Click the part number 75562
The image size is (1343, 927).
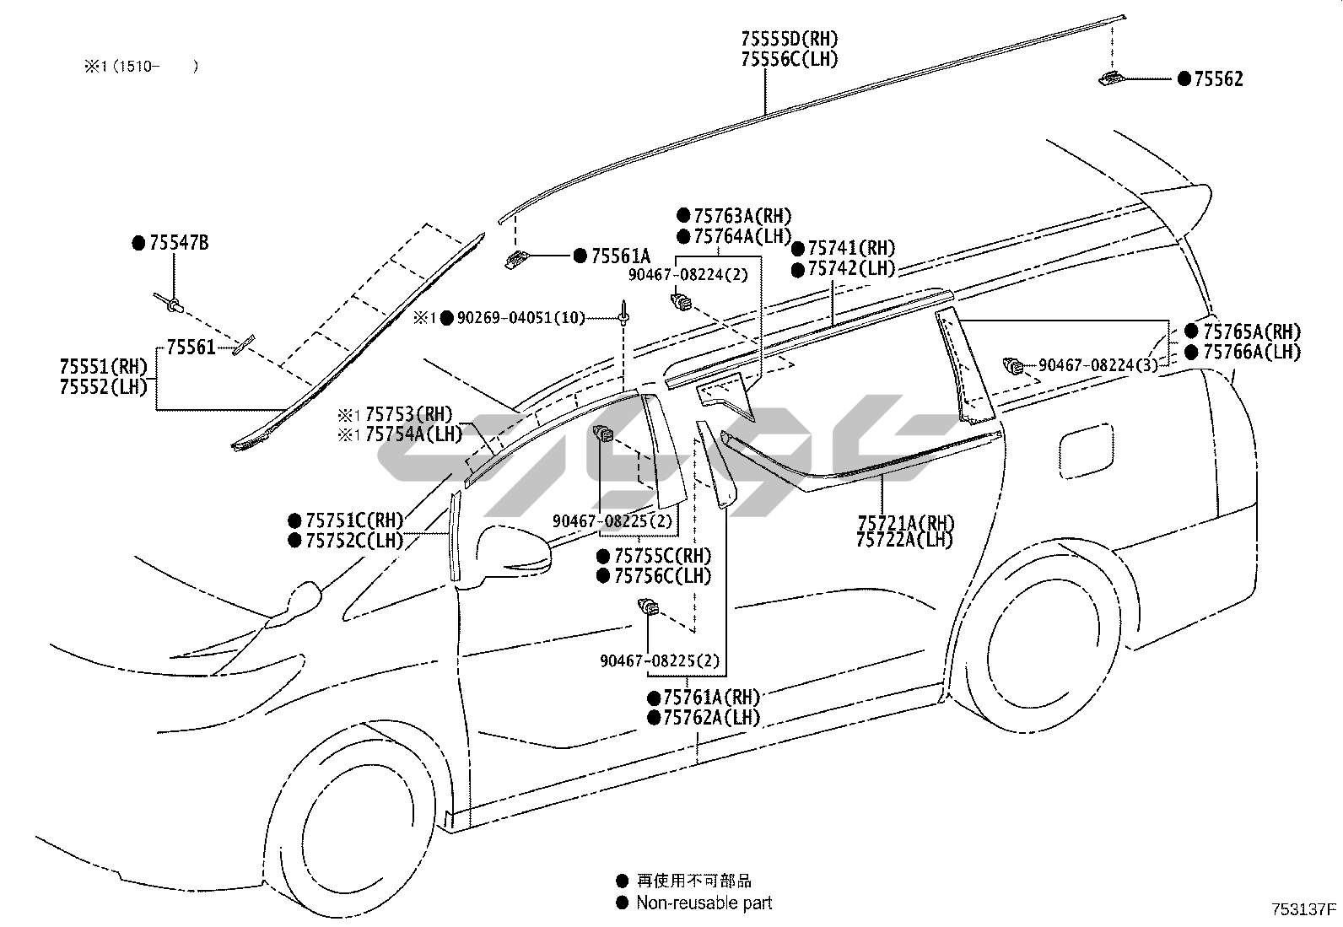coord(1218,79)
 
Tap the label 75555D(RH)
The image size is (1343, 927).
coord(789,39)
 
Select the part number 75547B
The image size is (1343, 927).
coord(179,243)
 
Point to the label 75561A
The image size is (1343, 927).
coord(621,256)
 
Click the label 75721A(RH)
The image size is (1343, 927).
coord(905,523)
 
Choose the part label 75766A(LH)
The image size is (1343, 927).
coord(1252,352)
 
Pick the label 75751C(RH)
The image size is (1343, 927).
coord(354,520)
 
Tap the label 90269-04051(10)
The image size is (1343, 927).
coord(521,318)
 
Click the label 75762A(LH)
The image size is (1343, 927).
coord(712,717)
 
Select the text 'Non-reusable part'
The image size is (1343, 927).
coord(704,903)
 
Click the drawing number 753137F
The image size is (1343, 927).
coord(1303,909)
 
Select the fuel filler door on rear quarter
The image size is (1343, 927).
coord(1087,451)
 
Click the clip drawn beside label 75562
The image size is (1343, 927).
coord(1111,78)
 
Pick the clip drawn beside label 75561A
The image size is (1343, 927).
coord(517,260)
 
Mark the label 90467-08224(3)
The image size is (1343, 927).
coord(1098,365)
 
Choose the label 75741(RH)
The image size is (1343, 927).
coord(851,248)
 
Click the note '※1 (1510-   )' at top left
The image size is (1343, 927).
coord(142,66)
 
